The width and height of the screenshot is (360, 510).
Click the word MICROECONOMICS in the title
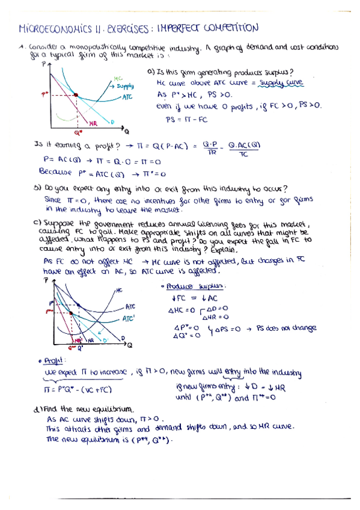click(x=54, y=28)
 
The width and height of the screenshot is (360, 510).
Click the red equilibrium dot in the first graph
click(x=76, y=94)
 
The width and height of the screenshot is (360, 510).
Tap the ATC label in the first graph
click(x=127, y=96)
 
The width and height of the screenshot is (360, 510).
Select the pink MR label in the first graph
click(x=93, y=123)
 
